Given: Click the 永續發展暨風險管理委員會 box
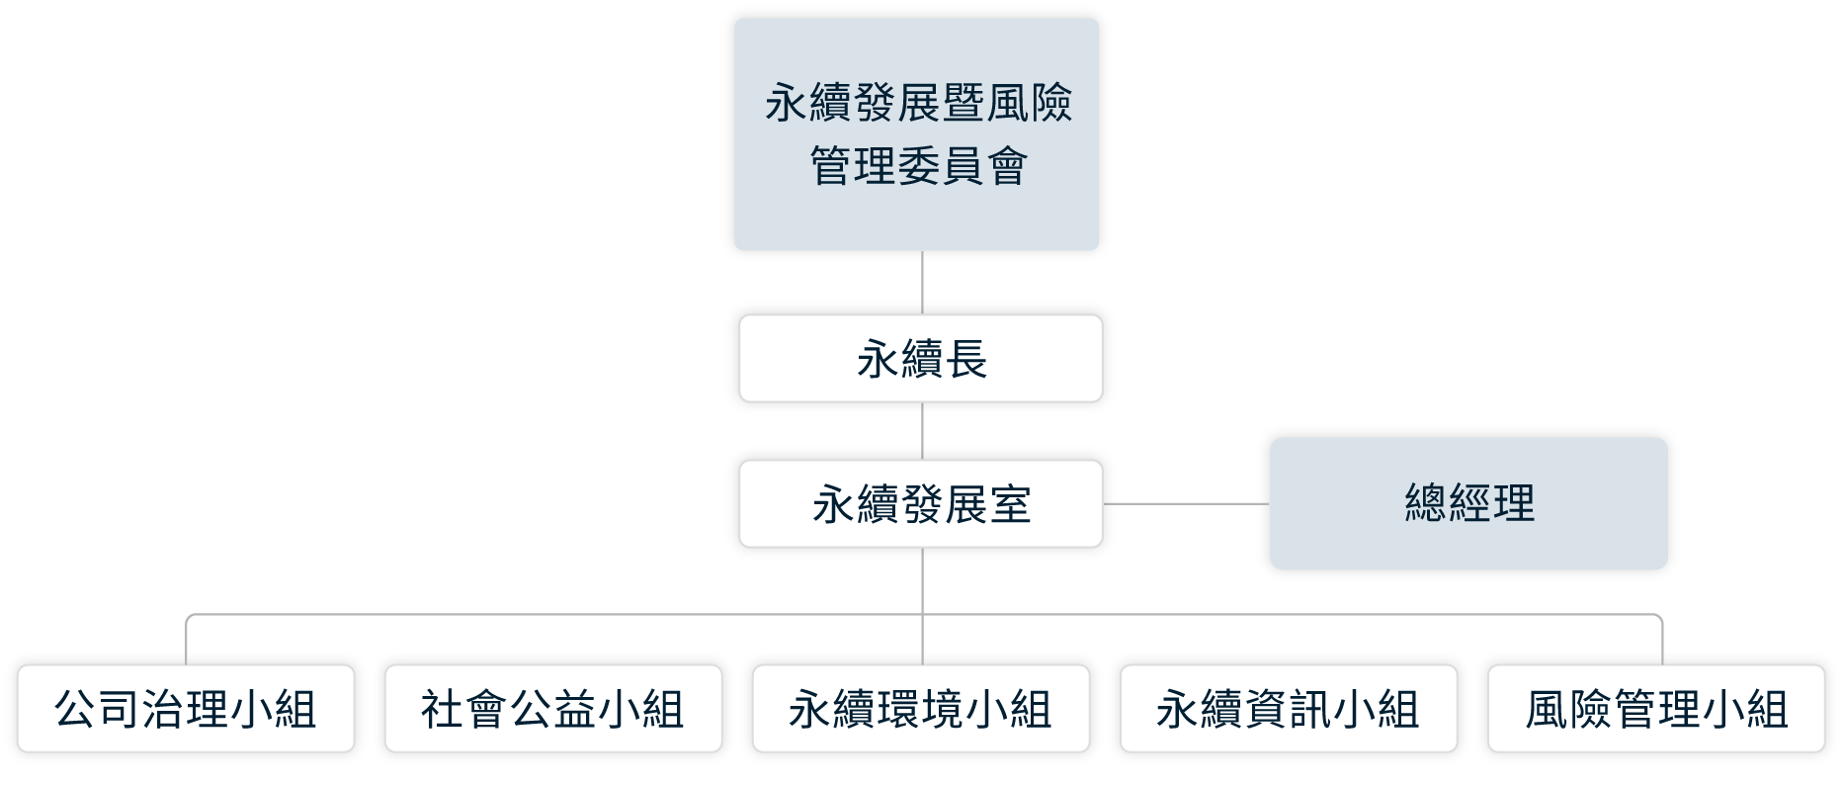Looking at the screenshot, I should [x=916, y=134].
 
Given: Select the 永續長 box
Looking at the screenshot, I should [x=920, y=358].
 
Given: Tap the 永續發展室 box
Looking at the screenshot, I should [x=920, y=503].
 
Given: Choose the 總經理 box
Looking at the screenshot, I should [x=1468, y=503].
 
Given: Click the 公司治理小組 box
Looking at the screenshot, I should [x=186, y=708].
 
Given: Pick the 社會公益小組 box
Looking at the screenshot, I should [x=552, y=708].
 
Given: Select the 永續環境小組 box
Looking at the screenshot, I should [x=920, y=708].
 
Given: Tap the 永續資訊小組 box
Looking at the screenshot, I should [x=1288, y=708].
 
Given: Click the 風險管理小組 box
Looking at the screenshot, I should [x=1655, y=708].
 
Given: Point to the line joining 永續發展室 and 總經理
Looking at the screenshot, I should [x=1186, y=503].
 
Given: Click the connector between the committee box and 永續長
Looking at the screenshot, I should [x=922, y=282].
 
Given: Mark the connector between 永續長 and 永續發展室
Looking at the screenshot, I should [x=922, y=430].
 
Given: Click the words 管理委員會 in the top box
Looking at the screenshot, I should [x=918, y=166].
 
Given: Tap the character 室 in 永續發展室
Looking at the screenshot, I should [x=1009, y=504].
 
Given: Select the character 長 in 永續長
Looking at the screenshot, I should [x=965, y=359].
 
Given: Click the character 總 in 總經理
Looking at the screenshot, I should [x=1426, y=504].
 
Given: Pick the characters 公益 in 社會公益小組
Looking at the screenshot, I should [x=553, y=709].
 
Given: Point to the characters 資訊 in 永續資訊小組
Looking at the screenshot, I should [x=1288, y=709].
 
